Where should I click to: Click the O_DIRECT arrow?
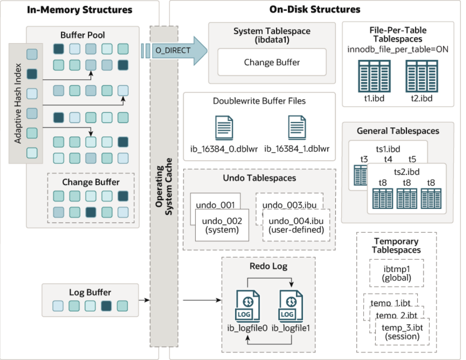point(176,51)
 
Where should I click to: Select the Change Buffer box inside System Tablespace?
point(272,63)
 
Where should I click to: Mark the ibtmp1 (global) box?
point(396,273)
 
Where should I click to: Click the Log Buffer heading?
point(90,293)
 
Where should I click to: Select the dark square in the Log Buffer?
point(106,306)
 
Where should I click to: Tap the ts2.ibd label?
point(406,172)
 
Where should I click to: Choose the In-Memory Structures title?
point(80,9)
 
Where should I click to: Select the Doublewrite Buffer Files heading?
point(259,102)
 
